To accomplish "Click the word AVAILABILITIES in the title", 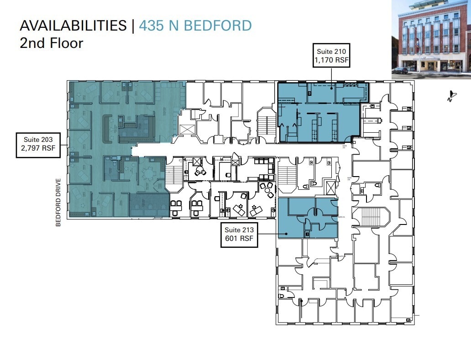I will click(73, 26).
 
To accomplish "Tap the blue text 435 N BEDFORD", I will click(195, 26).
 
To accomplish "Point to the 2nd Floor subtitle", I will click(51, 43).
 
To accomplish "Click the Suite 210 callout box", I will click(331, 55).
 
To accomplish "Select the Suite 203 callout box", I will click(38, 145).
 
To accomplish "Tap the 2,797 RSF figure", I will click(38, 149).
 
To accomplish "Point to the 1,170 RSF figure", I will click(331, 59).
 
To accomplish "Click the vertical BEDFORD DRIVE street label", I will click(58, 203).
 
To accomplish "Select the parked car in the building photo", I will click(400, 70).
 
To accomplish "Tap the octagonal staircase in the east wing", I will click(374, 219).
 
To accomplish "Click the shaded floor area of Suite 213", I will click(292, 226).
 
